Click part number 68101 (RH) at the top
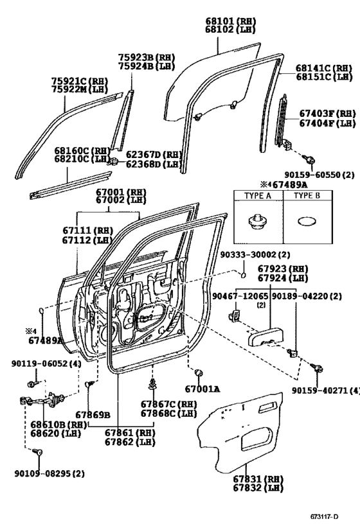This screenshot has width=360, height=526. (x=231, y=22)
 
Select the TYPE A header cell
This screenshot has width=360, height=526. (x=258, y=196)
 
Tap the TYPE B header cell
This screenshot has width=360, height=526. (x=307, y=196)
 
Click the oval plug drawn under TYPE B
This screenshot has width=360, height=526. (x=307, y=222)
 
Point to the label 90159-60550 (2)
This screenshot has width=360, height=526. (x=319, y=175)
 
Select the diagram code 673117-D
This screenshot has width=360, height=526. (x=324, y=516)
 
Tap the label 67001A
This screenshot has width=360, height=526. (x=203, y=389)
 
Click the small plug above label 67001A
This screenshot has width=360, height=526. (x=199, y=373)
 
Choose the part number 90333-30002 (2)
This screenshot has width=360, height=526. (x=255, y=255)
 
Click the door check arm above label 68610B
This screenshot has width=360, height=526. (x=42, y=399)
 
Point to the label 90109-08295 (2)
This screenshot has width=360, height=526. (x=50, y=474)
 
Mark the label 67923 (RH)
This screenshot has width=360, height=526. (x=283, y=269)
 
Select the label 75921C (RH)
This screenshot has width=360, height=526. (x=80, y=81)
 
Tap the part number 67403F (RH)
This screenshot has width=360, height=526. (x=327, y=114)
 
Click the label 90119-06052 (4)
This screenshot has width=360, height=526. (x=46, y=364)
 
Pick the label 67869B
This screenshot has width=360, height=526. (x=93, y=415)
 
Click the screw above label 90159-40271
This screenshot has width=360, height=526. (x=316, y=367)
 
